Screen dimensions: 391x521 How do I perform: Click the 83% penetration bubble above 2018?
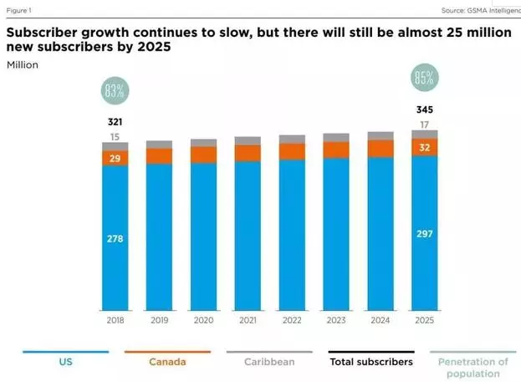[115, 90]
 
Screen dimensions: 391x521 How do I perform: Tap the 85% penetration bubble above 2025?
[424, 79]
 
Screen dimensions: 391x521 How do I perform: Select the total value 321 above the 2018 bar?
[115, 122]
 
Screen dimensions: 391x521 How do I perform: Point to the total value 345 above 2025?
[424, 109]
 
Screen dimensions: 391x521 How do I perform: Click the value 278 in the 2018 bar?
[115, 239]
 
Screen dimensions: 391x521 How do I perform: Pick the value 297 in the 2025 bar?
[424, 233]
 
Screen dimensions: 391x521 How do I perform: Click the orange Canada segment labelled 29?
[115, 158]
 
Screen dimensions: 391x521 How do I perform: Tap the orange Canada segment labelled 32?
[424, 147]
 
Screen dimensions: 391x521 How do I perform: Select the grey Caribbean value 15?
[115, 137]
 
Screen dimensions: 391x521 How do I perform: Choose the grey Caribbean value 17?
[424, 124]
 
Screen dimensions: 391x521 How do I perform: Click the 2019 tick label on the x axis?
[159, 320]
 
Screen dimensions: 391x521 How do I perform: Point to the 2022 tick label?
[292, 320]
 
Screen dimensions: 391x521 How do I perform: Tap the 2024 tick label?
[381, 320]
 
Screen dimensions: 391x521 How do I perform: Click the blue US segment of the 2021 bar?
[248, 234]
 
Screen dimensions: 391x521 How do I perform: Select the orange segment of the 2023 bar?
[336, 150]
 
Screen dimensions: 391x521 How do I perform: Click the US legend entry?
[65, 362]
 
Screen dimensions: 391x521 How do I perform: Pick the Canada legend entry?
[167, 362]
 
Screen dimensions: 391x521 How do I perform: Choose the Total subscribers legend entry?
[370, 362]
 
